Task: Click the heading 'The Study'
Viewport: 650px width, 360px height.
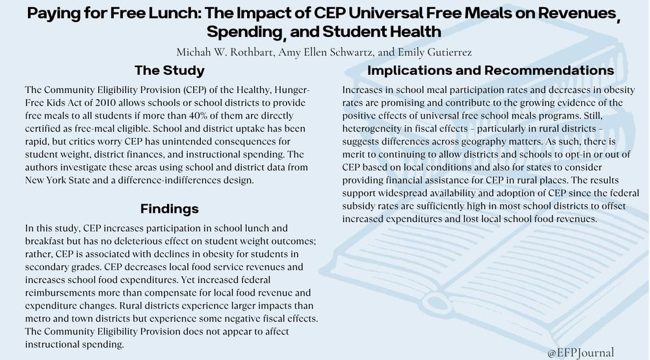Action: [x=169, y=70]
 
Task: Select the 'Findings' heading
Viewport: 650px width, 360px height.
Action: [x=170, y=209]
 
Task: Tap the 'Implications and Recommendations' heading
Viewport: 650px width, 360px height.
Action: [x=491, y=70]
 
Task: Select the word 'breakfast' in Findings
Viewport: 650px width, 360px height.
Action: [x=45, y=241]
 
